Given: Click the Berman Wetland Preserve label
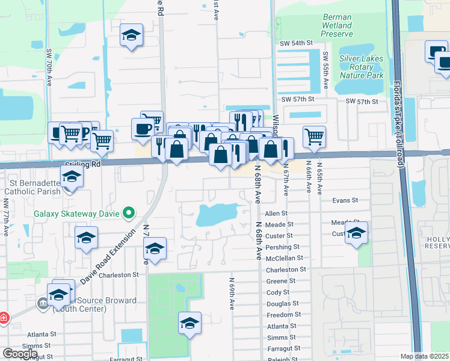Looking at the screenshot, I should (x=336, y=26).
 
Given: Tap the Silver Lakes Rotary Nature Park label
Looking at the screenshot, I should (x=361, y=67).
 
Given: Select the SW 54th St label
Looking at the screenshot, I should (x=297, y=43).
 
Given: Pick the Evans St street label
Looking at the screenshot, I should (x=345, y=200).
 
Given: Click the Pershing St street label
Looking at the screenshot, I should (x=282, y=247).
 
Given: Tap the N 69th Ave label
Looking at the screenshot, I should (x=231, y=293).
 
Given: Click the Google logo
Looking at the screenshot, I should (x=20, y=353).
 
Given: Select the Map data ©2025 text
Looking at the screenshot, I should (x=425, y=356).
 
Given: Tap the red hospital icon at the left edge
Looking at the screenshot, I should (x=3, y=317).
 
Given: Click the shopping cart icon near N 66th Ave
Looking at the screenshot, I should (x=314, y=137).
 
